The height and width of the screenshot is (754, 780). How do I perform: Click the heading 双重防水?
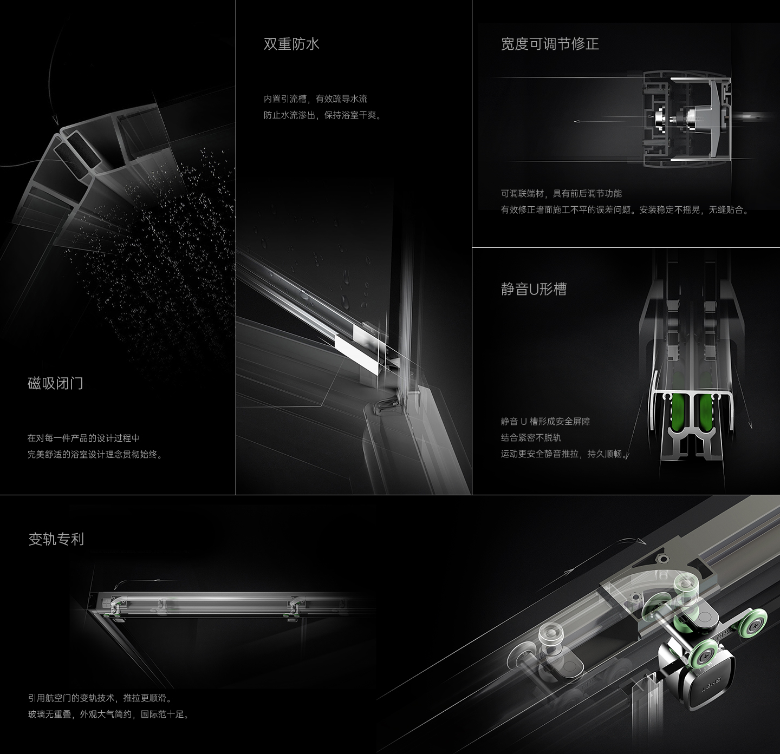291,44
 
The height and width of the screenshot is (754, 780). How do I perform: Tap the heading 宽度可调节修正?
550,44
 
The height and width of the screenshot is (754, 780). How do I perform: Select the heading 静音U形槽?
534,289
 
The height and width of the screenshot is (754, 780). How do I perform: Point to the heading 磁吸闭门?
55,383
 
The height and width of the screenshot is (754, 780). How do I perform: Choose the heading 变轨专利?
56,539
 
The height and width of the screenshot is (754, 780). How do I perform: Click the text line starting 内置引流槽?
315,99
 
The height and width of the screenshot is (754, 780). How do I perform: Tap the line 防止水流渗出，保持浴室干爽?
322,115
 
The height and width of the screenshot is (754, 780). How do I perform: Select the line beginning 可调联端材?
561,194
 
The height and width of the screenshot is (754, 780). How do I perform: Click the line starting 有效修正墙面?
625,209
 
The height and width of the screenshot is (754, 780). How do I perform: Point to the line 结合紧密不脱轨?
531,437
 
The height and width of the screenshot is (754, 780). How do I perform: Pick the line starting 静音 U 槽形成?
545,421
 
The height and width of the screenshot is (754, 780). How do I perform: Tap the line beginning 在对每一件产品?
83,438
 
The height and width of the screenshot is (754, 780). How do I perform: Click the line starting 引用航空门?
100,698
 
